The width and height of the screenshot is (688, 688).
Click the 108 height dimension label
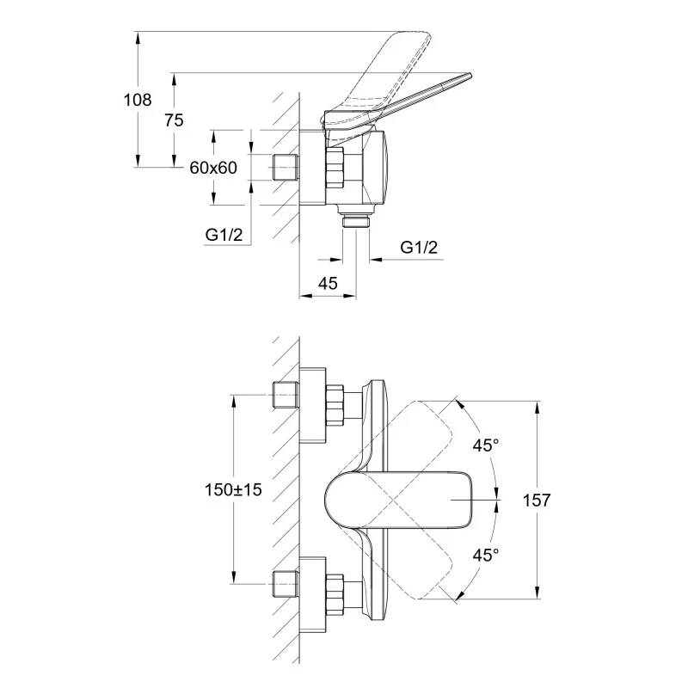pos(138,100)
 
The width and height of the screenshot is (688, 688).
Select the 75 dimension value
pos(174,120)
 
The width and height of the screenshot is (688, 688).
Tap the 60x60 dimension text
pos(213,168)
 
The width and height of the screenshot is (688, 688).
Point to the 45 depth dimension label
pos(327,283)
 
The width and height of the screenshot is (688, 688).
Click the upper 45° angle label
pos(486,445)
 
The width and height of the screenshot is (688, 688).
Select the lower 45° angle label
pos(486,555)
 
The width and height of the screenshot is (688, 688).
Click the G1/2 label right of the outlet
pos(420,248)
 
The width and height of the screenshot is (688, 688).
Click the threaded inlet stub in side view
pos(283,168)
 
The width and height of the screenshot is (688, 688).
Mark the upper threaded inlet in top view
pos(283,394)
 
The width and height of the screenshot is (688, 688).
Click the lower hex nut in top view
pos(335,592)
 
